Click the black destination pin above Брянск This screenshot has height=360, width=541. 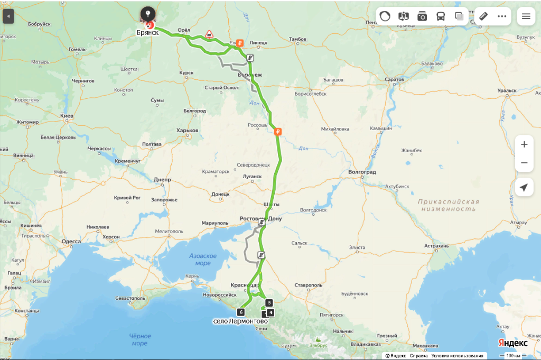coord(147,13)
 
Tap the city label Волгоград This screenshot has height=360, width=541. coord(362,172)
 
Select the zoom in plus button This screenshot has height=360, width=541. coord(524,144)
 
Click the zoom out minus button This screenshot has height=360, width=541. coord(524,163)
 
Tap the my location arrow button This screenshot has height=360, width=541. coord(524,187)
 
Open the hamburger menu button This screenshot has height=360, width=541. coord(526,16)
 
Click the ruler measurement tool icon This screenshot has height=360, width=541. coord(483,16)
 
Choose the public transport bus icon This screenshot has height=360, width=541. coord(441,16)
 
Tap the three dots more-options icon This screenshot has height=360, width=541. coord(502,16)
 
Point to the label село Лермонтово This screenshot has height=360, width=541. coord(240,321)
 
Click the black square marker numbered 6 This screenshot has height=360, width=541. coord(241,312)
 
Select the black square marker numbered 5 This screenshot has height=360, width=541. coord(269,303)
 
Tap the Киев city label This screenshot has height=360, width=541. coord(67,116)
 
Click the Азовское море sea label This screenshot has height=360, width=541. coord(203,260)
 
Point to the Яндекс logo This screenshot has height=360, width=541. coord(512,343)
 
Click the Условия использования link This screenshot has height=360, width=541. coord(457,356)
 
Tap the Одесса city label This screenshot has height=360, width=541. coord(71,242)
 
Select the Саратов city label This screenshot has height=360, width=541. coord(395,79)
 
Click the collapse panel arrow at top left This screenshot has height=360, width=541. coord(7,16)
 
